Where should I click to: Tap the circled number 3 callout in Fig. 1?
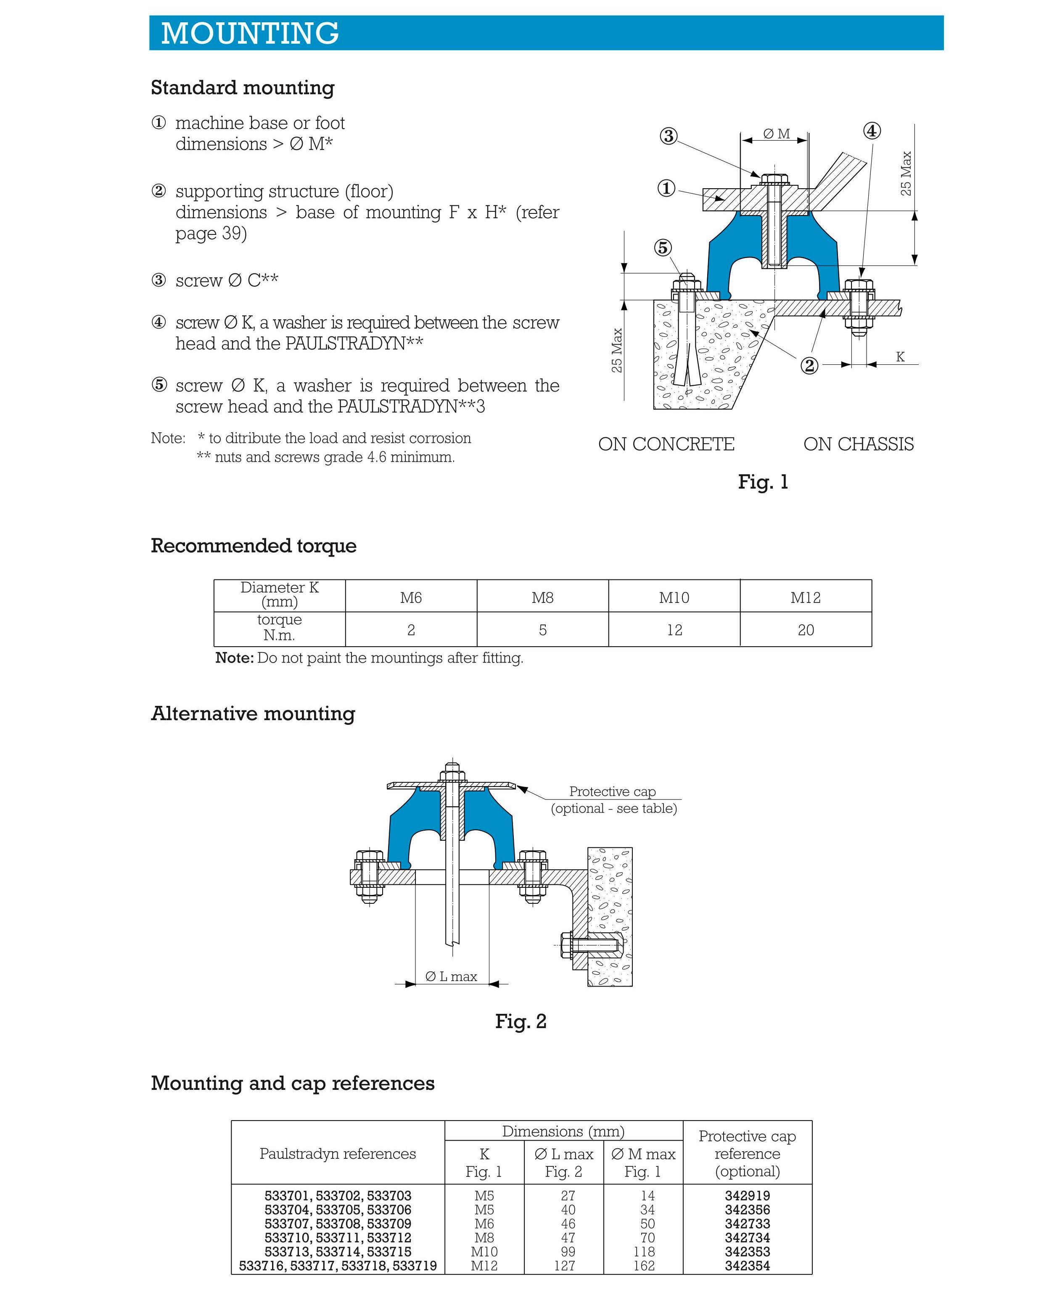point(668,136)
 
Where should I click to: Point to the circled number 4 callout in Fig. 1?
point(872,131)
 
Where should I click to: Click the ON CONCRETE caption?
point(666,444)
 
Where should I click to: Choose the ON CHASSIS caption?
point(858,444)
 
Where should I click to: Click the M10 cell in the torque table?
point(674,597)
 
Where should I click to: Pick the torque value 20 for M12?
point(806,630)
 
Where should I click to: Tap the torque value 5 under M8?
point(542,630)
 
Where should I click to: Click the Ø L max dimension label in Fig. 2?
point(451,976)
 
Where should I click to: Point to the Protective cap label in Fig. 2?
point(612,791)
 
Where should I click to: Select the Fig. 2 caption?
point(521,1021)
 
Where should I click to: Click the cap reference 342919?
point(747,1195)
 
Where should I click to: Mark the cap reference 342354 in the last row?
point(747,1266)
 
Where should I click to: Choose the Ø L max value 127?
point(564,1266)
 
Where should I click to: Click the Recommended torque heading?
point(253,545)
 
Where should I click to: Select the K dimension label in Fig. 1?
point(900,357)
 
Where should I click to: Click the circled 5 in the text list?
point(159,385)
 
